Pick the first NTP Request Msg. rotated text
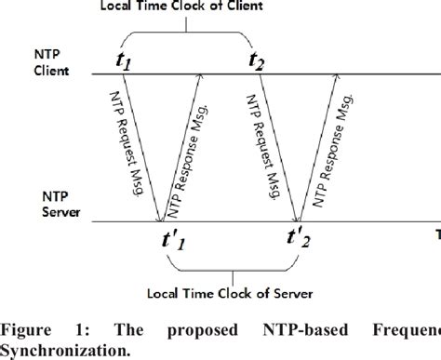coord(122,140)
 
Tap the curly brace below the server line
coord(237,269)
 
